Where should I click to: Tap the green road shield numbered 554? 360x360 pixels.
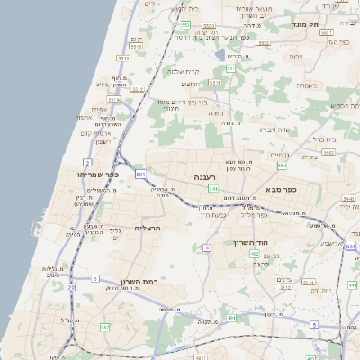tap(282, 166)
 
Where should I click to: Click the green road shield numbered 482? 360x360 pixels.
tap(105, 327)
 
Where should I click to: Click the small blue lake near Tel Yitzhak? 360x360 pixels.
tap(220, 55)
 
